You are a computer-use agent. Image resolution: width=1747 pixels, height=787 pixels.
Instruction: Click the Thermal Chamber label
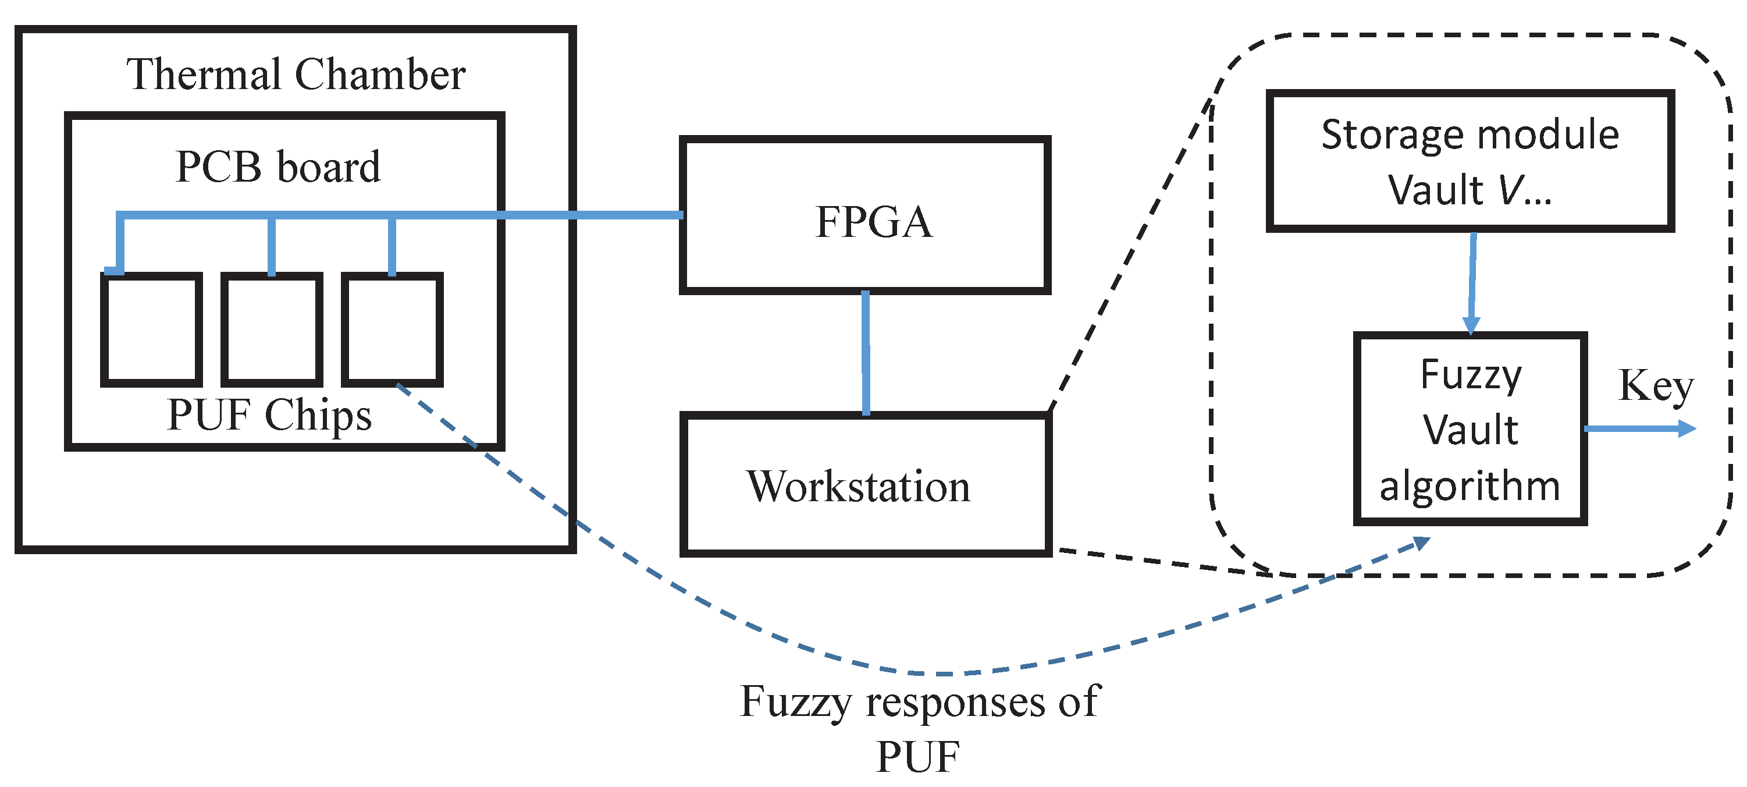click(296, 74)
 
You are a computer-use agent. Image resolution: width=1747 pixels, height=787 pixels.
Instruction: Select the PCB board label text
click(278, 166)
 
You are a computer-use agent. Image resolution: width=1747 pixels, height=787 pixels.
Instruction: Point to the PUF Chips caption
click(269, 415)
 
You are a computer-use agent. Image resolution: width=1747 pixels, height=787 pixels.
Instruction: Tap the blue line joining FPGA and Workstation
click(866, 353)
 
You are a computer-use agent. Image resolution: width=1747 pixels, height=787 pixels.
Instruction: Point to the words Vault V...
click(1470, 189)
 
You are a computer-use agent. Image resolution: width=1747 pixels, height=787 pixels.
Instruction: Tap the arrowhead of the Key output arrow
click(1686, 429)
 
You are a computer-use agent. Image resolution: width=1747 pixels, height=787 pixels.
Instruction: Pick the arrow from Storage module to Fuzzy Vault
click(1472, 283)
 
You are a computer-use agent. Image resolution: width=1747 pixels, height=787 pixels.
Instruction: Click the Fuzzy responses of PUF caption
click(919, 728)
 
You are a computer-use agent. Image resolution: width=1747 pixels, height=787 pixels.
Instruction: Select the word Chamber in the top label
click(380, 74)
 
